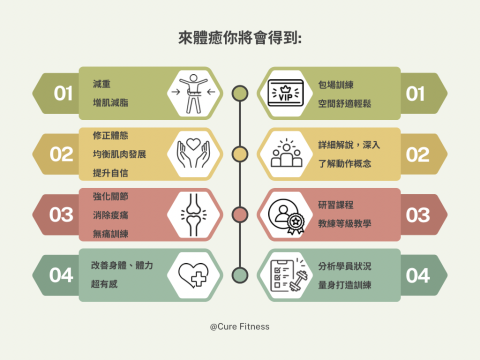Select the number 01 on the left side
click(x=63, y=94)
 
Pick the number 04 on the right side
click(x=417, y=274)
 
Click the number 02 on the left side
click(x=63, y=154)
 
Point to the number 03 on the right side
click(x=417, y=214)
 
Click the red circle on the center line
click(x=239, y=214)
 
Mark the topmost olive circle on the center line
click(x=239, y=94)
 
